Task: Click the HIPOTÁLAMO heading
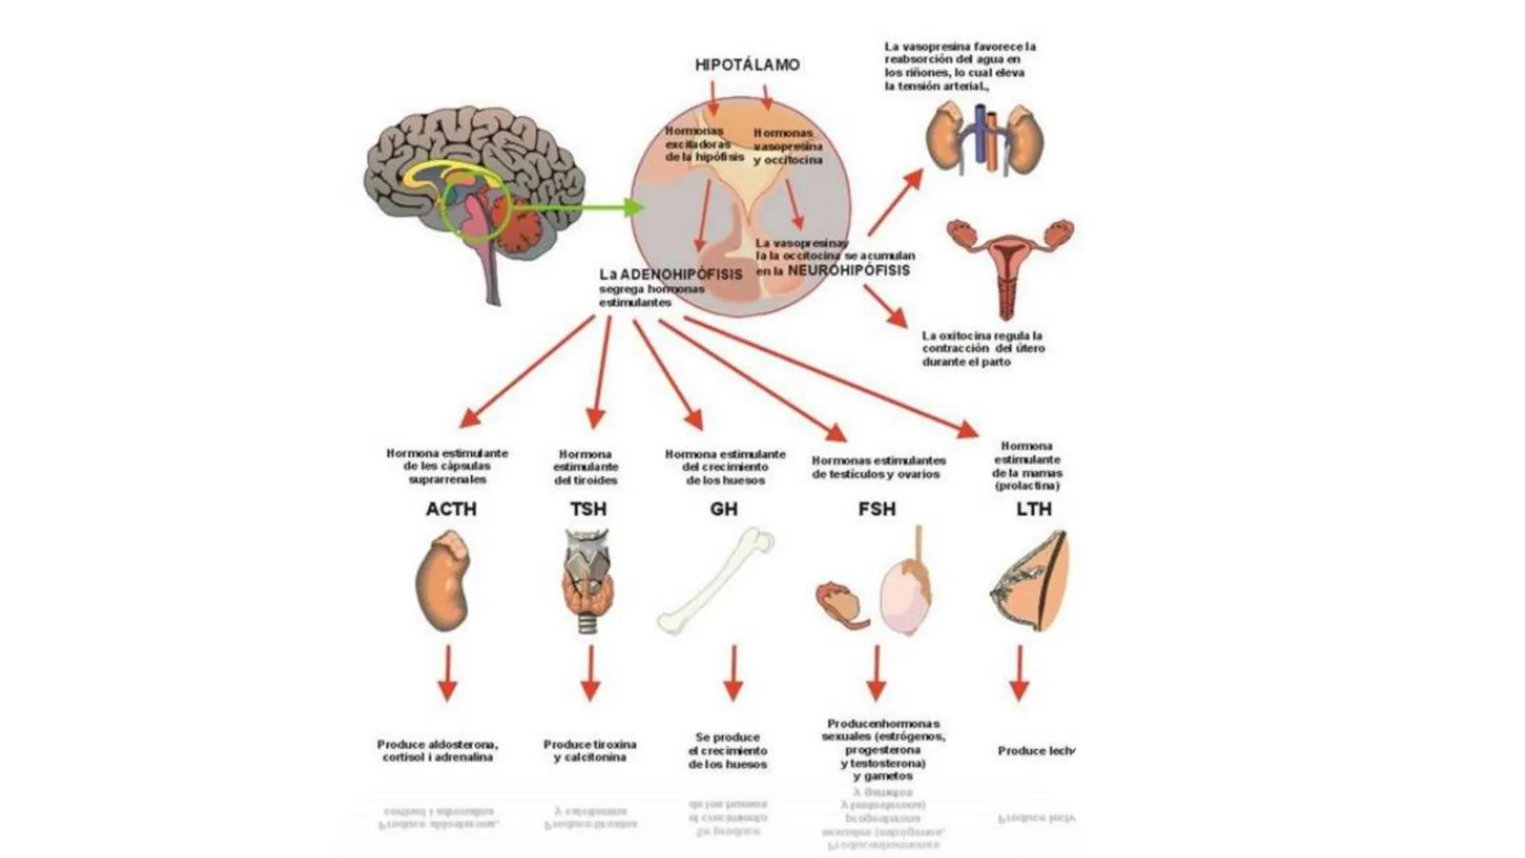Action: (x=747, y=65)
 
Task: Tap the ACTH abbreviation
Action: (x=450, y=509)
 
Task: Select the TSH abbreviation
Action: (x=588, y=509)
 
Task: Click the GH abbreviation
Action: (x=724, y=509)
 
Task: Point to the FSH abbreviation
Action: (x=877, y=509)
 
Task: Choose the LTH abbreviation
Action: (x=1033, y=509)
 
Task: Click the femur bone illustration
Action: (x=715, y=582)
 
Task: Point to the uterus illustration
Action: (x=1009, y=266)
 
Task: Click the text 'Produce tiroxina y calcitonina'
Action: (x=589, y=751)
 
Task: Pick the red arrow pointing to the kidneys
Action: (x=896, y=202)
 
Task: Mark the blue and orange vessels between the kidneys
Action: (x=986, y=139)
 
